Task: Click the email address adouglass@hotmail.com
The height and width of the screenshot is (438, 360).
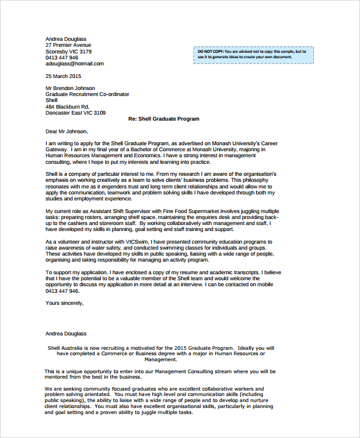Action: pos(74,64)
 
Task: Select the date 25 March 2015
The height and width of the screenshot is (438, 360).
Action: pos(63,76)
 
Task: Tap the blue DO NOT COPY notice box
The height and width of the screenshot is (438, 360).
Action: pos(253,55)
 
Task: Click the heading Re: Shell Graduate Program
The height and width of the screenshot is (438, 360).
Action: pos(164,119)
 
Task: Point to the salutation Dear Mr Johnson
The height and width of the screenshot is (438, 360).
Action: pos(67,131)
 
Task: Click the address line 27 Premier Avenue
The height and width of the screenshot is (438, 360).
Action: pos(68,45)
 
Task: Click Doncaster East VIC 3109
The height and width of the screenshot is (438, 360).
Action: pos(76,113)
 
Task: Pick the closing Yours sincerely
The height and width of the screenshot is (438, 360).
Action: pos(65,303)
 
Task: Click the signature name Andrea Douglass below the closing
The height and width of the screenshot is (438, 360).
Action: pos(66,334)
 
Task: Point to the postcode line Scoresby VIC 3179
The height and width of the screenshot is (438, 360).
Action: pos(68,52)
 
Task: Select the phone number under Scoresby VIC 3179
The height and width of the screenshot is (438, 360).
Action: pos(62,58)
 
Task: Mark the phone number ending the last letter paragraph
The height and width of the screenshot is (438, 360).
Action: pos(62,290)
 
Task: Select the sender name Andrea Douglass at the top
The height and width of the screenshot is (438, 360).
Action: pos(66,39)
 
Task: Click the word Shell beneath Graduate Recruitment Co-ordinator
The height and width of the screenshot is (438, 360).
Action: pos(52,100)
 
